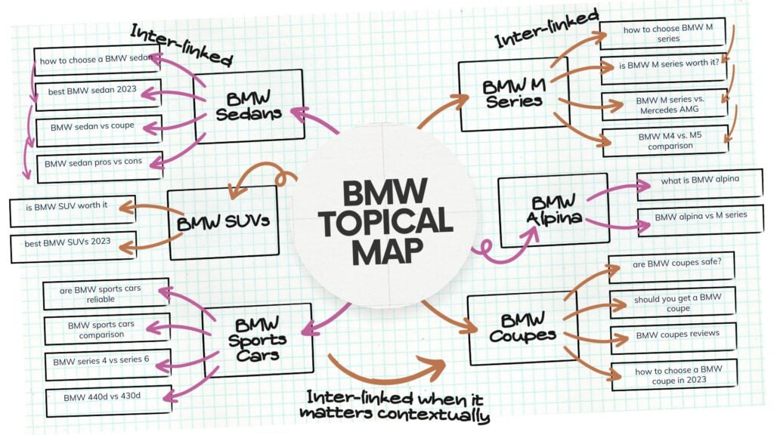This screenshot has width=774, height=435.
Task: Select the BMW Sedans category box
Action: point(249,106)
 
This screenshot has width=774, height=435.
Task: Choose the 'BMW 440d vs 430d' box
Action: point(108,398)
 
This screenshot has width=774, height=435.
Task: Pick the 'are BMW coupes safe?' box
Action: point(669,267)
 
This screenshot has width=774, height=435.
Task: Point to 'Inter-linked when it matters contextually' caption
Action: point(393,406)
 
